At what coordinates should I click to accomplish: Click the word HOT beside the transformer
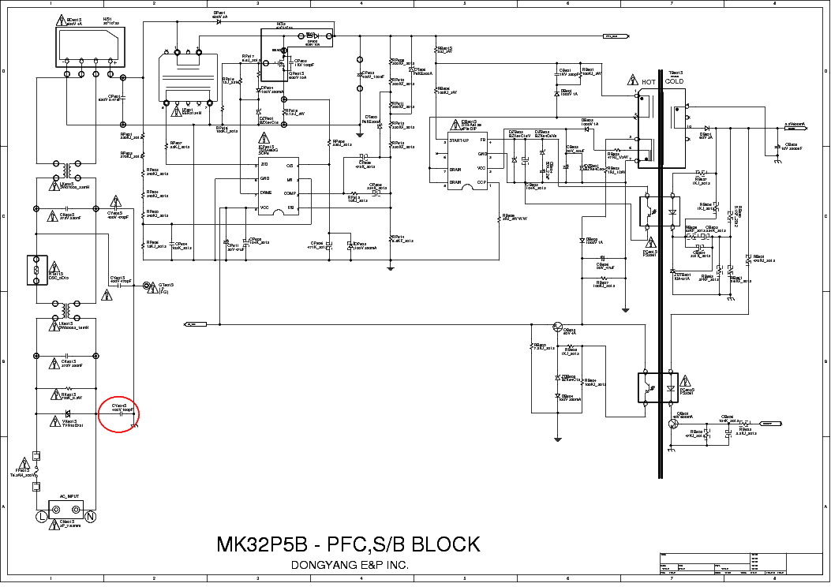(x=649, y=82)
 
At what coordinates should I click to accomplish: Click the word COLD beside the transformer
(x=674, y=82)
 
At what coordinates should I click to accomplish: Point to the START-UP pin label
(x=459, y=140)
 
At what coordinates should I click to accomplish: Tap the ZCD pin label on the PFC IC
(x=265, y=165)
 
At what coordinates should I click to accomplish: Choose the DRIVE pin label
(x=267, y=193)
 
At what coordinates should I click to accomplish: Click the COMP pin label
(x=289, y=193)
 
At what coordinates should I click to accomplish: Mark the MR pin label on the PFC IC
(x=290, y=179)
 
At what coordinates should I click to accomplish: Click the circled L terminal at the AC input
(x=41, y=517)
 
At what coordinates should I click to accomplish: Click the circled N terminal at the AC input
(x=90, y=517)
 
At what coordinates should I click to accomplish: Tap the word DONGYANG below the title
(x=321, y=565)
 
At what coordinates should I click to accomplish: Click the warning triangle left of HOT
(x=632, y=81)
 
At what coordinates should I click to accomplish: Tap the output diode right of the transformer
(x=706, y=127)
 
